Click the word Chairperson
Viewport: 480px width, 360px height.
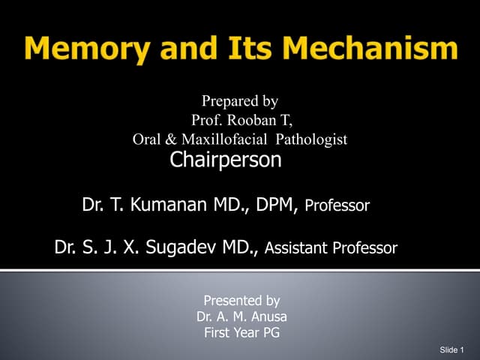coord(226,160)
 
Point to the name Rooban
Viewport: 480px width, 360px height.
coord(251,119)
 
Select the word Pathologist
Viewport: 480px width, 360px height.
coord(312,139)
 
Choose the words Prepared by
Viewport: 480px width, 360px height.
coord(240,100)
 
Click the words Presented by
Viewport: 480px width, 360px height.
coord(241,301)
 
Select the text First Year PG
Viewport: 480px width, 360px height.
coord(241,334)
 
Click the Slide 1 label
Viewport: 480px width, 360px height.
coord(452,350)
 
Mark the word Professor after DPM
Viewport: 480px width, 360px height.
coord(337,205)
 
